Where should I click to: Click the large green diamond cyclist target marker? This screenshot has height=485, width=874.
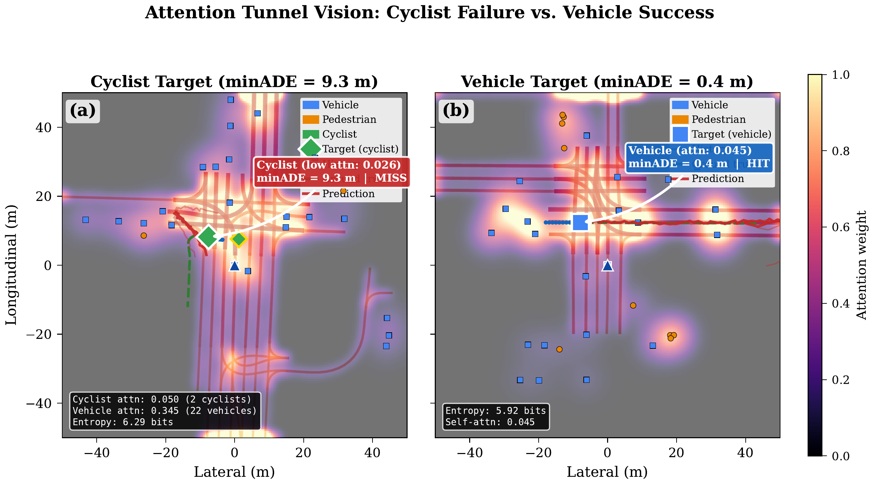[x=208, y=236]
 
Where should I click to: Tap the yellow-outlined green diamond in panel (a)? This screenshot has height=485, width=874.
[x=239, y=239]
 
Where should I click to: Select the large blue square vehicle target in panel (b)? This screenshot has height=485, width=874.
[x=581, y=222]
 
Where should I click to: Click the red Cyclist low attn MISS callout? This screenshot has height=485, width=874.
[x=332, y=172]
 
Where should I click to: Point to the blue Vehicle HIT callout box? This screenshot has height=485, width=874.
[x=699, y=157]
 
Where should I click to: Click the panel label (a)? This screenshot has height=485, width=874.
[x=83, y=111]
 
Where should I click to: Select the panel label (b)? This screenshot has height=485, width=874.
[x=456, y=111]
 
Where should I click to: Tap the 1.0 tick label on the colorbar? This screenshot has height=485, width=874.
[x=840, y=75]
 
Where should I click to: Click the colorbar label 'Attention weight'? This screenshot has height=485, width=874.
[x=861, y=265]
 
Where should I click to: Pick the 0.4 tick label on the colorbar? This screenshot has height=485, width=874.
[x=840, y=304]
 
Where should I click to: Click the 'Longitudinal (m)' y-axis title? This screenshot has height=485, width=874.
[x=11, y=265]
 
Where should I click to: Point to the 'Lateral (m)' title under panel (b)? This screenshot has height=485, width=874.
[x=607, y=472]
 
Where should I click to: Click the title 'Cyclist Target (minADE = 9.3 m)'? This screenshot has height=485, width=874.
[x=234, y=82]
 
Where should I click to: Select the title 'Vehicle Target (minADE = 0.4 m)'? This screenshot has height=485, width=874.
[x=607, y=82]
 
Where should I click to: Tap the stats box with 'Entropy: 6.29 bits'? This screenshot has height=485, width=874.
[x=165, y=411]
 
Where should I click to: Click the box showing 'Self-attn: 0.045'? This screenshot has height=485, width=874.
[x=496, y=417]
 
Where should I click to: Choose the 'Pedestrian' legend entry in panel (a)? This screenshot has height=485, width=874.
[x=349, y=119]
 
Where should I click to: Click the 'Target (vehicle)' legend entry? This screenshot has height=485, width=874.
[x=731, y=134]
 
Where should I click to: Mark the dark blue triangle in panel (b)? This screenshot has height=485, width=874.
[x=607, y=266]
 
